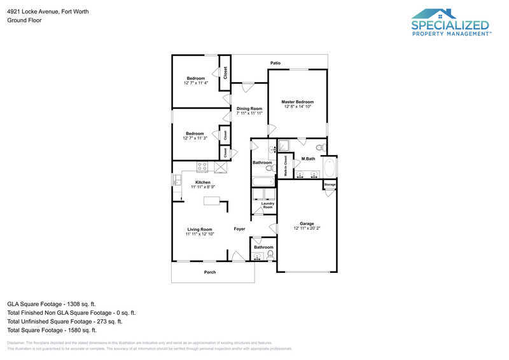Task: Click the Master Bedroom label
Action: [x=298, y=102]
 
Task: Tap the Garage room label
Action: [x=307, y=224]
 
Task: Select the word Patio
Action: [x=275, y=64]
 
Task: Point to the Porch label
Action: [x=210, y=272]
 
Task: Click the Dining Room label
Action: [x=249, y=109]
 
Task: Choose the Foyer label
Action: [x=239, y=229]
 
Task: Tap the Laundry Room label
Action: [x=268, y=205]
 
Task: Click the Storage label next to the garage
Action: [x=330, y=185]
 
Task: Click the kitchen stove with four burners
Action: [x=202, y=167]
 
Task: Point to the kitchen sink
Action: [x=176, y=180]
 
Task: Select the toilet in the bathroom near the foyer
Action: [x=270, y=255]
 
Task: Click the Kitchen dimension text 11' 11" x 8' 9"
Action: [x=204, y=187]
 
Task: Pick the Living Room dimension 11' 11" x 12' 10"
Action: [x=200, y=234]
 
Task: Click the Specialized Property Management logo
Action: [x=450, y=23]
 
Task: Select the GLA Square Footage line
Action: [x=52, y=304]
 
